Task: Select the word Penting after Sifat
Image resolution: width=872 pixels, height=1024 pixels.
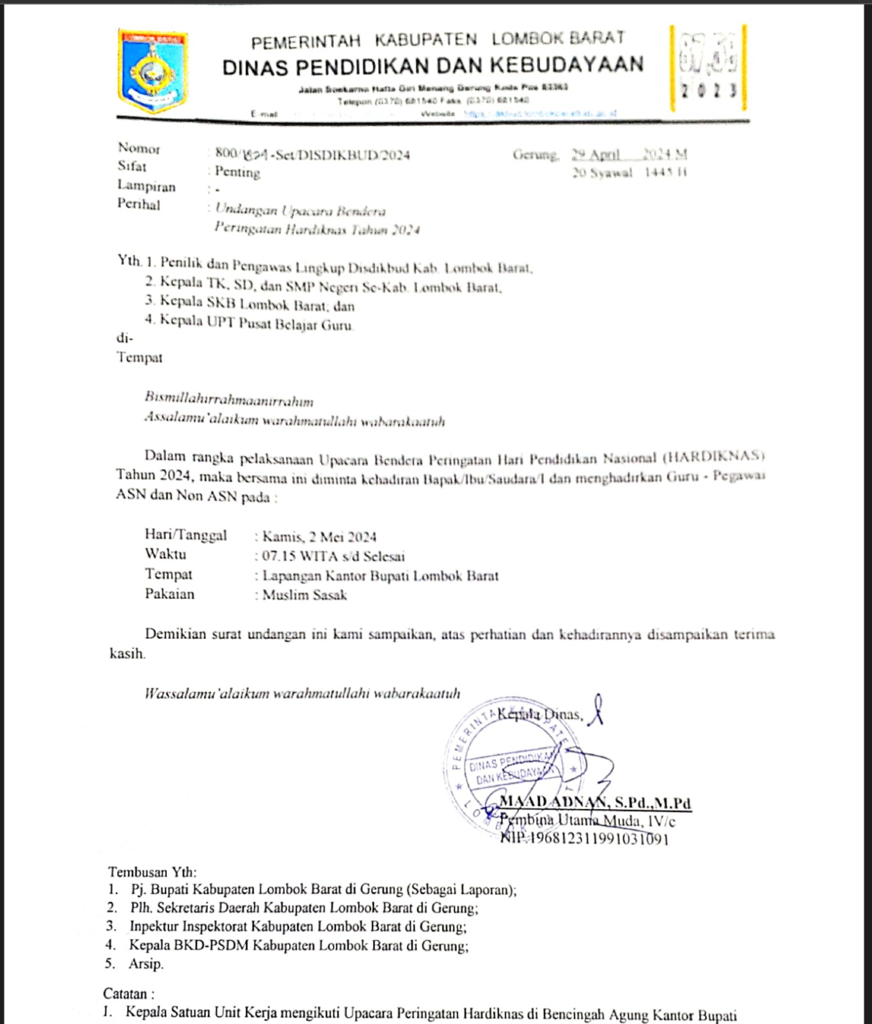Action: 237,172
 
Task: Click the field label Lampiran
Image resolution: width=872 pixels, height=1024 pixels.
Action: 146,186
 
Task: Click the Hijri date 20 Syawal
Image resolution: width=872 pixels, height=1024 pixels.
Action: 602,173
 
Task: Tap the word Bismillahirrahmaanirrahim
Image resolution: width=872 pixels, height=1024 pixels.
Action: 229,400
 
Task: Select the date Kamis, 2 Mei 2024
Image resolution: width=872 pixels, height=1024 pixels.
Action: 319,537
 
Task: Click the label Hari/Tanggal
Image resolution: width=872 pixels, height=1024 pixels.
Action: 186,535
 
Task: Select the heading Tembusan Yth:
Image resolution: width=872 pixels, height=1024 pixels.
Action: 152,872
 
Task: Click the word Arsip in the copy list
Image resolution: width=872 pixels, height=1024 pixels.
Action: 146,964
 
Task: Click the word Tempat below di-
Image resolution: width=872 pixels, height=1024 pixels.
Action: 139,358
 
